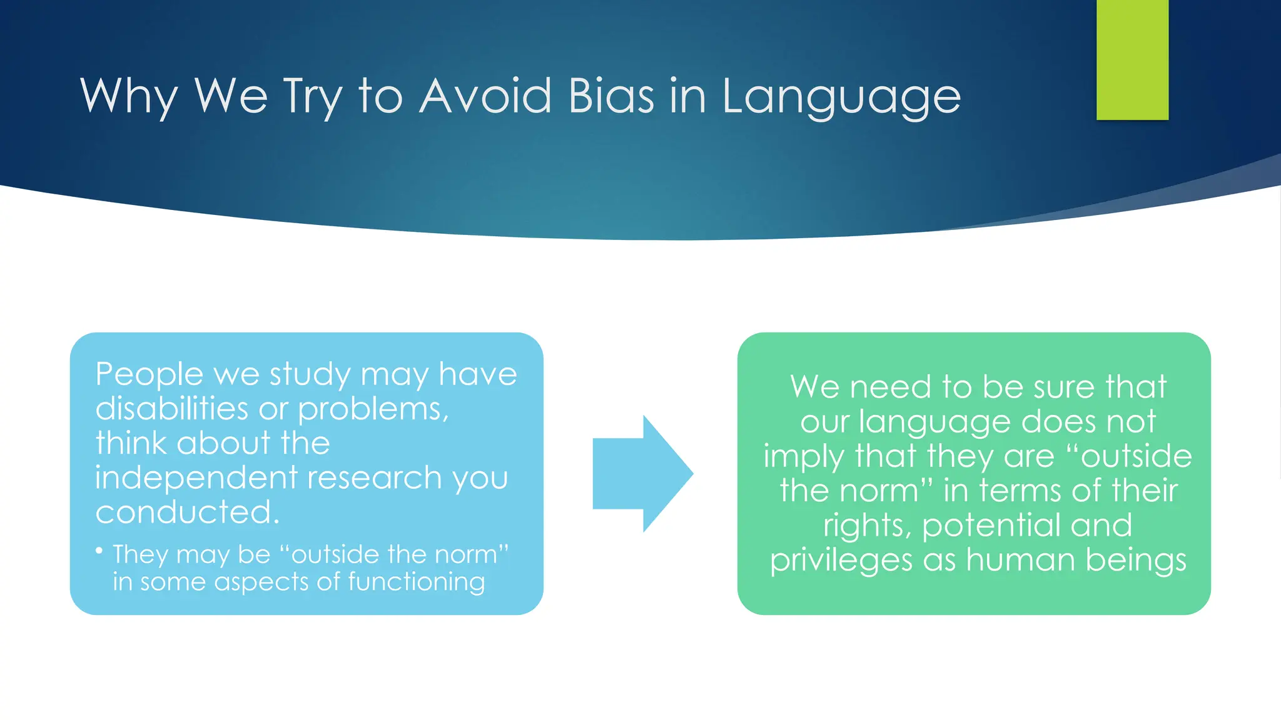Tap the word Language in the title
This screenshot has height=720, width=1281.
[841, 97]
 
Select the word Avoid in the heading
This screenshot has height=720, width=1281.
[485, 96]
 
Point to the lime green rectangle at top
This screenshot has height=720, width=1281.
[1132, 59]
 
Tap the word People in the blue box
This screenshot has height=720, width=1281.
[149, 375]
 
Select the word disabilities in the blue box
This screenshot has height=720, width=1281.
[171, 409]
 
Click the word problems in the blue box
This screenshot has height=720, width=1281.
[373, 410]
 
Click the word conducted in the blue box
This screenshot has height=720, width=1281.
[186, 512]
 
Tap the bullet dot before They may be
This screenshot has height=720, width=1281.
[99, 551]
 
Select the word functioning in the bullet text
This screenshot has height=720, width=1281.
[416, 582]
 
